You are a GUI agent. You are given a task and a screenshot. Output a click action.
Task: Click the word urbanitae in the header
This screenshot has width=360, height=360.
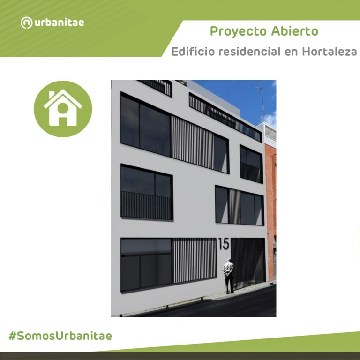(x=59, y=22)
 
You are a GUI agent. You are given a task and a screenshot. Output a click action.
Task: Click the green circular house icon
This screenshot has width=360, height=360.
(x=63, y=109)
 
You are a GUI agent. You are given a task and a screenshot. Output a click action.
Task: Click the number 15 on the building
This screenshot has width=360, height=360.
(x=224, y=244)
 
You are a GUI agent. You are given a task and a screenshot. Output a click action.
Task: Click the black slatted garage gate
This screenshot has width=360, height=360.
(x=248, y=262)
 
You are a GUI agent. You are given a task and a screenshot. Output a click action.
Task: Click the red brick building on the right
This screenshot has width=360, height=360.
(x=270, y=187)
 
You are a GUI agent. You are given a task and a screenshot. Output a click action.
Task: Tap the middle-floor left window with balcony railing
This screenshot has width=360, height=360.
(x=146, y=192)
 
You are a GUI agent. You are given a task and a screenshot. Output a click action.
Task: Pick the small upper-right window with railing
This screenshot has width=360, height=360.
(x=251, y=164)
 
